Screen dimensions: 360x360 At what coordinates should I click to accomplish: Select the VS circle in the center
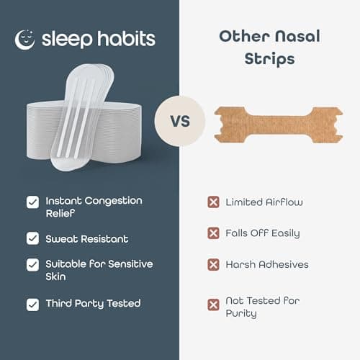pos(180,120)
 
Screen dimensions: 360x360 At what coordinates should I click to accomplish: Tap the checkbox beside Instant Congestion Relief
pos(32,202)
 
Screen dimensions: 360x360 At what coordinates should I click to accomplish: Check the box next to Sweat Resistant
pos(32,238)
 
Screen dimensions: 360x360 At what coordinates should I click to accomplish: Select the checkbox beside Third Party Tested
pos(32,305)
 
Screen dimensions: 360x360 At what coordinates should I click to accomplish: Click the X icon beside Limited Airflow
pos(213,202)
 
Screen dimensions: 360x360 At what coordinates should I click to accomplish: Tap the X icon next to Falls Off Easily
pos(213,233)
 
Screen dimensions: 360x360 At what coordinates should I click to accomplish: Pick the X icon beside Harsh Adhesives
pos(213,264)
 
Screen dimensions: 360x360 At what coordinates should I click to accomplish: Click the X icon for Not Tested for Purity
pos(213,305)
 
